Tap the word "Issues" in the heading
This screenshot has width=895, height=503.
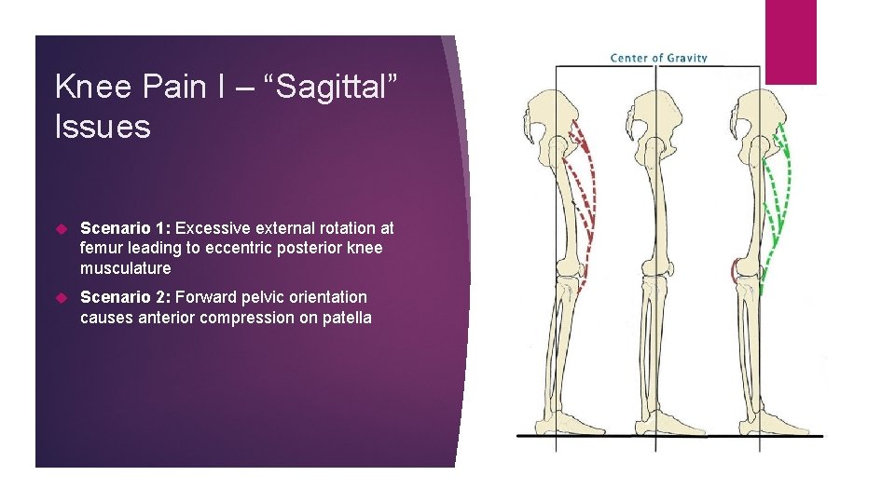[103, 127]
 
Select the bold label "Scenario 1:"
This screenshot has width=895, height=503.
[126, 228]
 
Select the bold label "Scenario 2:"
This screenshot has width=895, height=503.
[126, 297]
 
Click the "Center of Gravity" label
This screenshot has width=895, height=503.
[658, 58]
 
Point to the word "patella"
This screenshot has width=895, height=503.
[346, 318]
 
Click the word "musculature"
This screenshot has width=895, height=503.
[126, 268]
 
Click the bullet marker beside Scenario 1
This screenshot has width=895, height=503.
[62, 228]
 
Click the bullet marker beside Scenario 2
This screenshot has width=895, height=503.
[62, 297]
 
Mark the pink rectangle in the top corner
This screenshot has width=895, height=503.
[791, 41]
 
